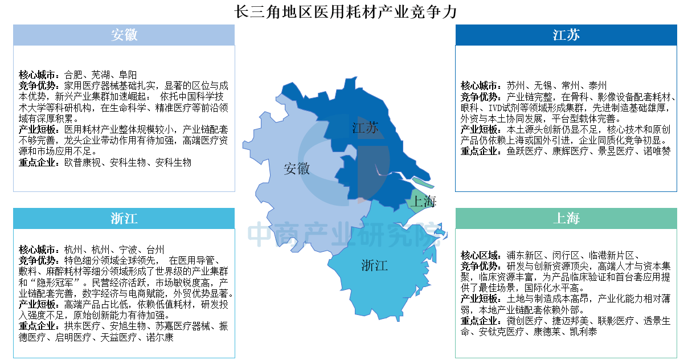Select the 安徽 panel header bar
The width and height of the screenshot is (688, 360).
point(124,35)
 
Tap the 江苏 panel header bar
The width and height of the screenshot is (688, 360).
point(566,35)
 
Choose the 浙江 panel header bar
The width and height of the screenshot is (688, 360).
point(124,219)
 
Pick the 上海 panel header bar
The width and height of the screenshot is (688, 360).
point(566,219)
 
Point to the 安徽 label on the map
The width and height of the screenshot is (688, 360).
point(297,169)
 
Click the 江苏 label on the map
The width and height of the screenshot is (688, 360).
point(365,128)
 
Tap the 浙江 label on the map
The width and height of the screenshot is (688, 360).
point(374,265)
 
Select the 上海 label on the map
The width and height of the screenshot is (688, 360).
point(424,201)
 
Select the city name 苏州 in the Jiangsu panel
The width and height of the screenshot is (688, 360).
point(516,85)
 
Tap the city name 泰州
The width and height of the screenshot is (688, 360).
point(597,85)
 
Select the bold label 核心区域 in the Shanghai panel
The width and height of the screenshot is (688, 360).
point(481,255)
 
